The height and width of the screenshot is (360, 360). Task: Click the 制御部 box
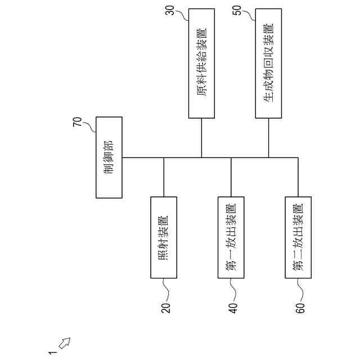(x=109, y=157)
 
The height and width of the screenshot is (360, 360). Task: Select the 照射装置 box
(x=164, y=237)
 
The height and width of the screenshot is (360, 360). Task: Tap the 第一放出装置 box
(x=231, y=237)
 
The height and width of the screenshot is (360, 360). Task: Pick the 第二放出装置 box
(x=298, y=237)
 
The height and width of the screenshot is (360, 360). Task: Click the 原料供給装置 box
(x=201, y=64)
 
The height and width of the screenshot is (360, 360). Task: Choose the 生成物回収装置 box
(x=268, y=64)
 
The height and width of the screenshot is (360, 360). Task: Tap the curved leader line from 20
(x=165, y=290)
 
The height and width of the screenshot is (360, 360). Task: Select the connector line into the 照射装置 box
(x=164, y=177)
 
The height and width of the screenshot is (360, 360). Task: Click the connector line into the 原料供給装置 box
(x=201, y=138)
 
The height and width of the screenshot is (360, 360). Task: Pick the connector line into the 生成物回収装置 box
(x=268, y=138)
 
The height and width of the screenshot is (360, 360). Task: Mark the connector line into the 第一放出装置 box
(x=231, y=177)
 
